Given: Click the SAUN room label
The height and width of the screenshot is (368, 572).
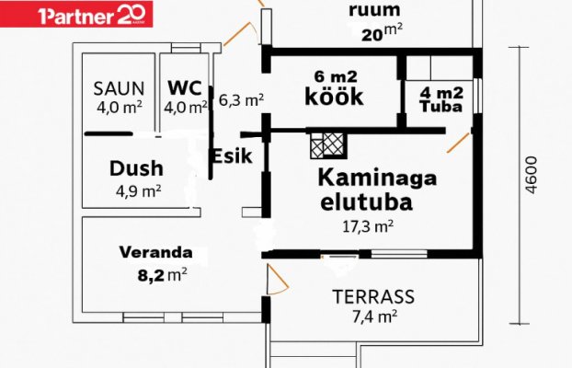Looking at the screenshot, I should [x=120, y=88].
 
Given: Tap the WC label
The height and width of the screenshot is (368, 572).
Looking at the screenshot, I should [x=183, y=87].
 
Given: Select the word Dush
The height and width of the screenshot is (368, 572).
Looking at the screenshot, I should [x=136, y=168].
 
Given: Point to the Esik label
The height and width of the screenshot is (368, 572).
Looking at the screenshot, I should [x=231, y=155].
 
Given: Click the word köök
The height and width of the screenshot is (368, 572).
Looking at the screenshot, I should [x=335, y=97].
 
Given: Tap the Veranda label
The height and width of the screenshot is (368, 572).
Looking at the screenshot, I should [x=155, y=251].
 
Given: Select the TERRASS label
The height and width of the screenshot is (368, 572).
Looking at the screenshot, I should [x=373, y=297].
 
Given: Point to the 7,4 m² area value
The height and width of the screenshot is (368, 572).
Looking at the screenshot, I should [x=373, y=316].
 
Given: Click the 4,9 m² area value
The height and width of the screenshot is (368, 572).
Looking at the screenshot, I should [x=139, y=191].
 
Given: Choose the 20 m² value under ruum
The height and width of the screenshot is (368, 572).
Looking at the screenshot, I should [x=377, y=34].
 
